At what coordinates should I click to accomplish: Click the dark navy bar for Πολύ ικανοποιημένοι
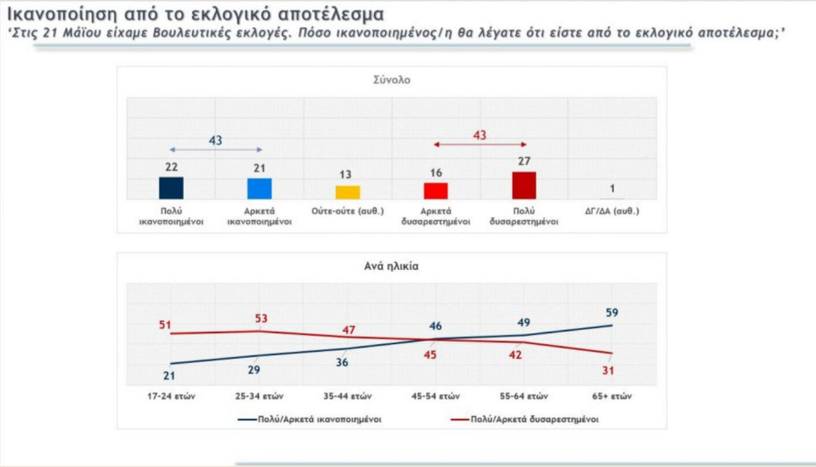[171, 188]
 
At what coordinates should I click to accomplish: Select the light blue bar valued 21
[259, 189]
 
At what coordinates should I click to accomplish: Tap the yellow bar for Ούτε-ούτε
[347, 192]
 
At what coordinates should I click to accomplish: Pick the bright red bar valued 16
[436, 191]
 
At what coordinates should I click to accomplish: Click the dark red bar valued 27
[524, 186]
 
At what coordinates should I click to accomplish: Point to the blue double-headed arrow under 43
[215, 150]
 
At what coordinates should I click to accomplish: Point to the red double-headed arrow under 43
[480, 145]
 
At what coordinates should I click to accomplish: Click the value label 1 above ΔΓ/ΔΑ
[612, 188]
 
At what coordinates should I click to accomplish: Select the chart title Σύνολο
[391, 80]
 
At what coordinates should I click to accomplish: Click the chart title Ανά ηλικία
[391, 267]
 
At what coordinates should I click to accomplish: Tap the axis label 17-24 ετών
[171, 396]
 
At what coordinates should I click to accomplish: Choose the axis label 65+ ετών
[611, 396]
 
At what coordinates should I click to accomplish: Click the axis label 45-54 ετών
[435, 396]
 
